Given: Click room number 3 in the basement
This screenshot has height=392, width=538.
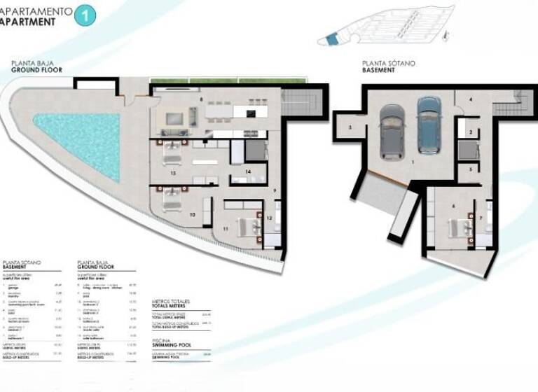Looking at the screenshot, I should pyautogui.click(x=349, y=127).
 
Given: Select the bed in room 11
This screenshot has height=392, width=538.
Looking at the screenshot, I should pyautogui.click(x=245, y=225).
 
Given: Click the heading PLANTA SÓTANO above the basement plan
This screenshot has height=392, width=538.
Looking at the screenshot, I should pyautogui.click(x=389, y=63).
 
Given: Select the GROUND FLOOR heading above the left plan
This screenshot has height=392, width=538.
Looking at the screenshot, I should pyautogui.click(x=36, y=70).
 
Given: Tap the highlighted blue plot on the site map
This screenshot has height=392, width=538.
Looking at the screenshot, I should pyautogui.click(x=331, y=41).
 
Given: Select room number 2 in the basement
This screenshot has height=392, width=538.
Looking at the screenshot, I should pyautogui.click(x=471, y=132).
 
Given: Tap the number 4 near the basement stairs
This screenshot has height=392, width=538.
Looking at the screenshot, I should pyautogui.click(x=471, y=100).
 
